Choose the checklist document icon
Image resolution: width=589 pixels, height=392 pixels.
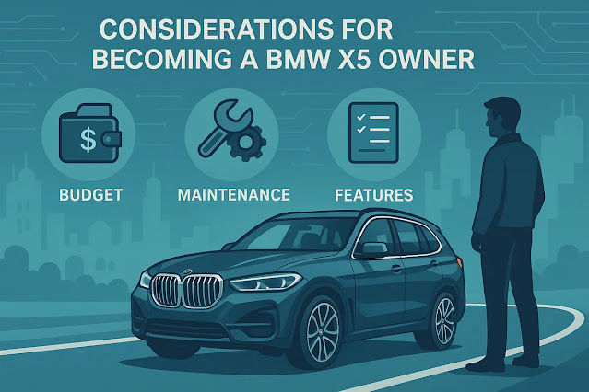click(x=372, y=134)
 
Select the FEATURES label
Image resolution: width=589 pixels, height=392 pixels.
click(x=372, y=197)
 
